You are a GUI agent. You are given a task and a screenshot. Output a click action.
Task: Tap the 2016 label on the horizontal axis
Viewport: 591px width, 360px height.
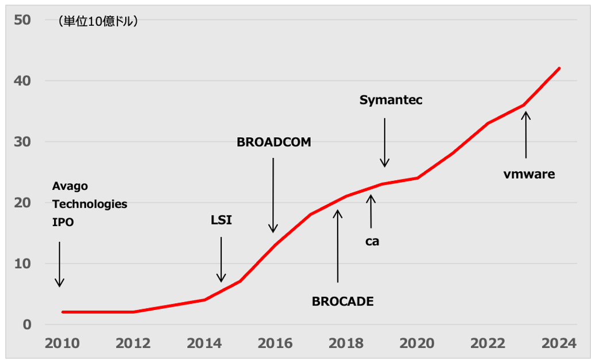click(276, 343)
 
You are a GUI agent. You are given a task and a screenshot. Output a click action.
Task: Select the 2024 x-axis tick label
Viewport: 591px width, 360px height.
click(559, 343)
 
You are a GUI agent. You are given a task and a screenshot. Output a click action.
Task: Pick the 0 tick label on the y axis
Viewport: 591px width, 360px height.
click(26, 324)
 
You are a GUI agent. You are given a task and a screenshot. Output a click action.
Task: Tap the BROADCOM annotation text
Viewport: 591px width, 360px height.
click(274, 142)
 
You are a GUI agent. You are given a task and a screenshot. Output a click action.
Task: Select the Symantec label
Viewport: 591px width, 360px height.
click(391, 100)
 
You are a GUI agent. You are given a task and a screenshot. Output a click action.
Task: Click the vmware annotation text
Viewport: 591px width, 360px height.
click(530, 174)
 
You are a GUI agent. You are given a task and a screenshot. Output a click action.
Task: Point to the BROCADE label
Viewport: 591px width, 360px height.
click(342, 301)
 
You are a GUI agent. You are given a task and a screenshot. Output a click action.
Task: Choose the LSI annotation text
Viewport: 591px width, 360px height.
click(221, 220)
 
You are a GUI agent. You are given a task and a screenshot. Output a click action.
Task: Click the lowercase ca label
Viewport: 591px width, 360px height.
click(372, 241)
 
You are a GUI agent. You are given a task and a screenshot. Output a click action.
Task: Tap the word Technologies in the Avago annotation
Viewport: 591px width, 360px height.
click(90, 204)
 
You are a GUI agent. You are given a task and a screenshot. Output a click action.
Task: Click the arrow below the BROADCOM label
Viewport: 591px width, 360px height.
click(273, 195)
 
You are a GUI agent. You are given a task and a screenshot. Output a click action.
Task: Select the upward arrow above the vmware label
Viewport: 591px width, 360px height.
click(526, 134)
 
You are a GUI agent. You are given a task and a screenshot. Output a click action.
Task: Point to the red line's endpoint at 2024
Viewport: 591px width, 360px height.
click(559, 68)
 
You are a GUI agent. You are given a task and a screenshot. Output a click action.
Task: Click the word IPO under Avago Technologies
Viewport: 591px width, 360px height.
click(63, 222)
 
